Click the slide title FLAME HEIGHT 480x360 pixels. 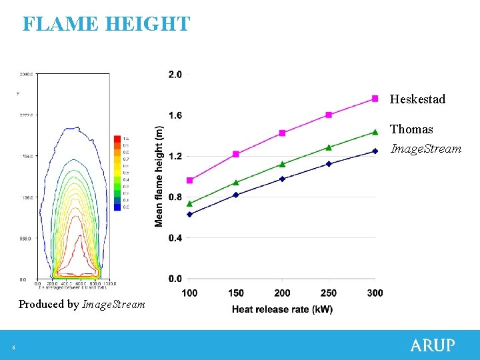[106, 24]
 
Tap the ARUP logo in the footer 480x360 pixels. [433, 345]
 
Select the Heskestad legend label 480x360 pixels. [417, 99]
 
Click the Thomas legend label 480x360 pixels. [411, 129]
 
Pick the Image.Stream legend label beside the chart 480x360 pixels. [425, 149]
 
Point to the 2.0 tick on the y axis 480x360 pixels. [175, 75]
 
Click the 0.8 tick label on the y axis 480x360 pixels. [175, 197]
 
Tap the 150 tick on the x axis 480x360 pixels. [235, 293]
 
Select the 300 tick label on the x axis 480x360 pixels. [375, 293]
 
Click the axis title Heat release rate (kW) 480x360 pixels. [282, 309]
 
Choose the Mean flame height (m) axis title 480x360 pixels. [159, 176]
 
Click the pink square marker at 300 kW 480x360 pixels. [375, 99]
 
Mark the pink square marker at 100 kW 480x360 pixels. [189, 180]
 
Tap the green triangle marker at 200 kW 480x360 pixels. [282, 164]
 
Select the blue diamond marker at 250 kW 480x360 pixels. [329, 163]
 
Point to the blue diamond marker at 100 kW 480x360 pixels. [189, 214]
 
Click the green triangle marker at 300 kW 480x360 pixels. [375, 132]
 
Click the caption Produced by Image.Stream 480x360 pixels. [81, 305]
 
